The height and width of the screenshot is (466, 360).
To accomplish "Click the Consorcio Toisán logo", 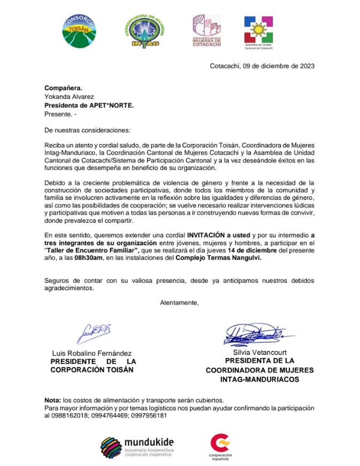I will (79, 30).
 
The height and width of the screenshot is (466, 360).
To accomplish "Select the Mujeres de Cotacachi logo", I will (206, 31).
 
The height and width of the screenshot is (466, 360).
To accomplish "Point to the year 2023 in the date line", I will (305, 66).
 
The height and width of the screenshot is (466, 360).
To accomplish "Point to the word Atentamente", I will (179, 303).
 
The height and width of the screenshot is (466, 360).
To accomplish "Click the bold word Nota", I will (53, 401).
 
